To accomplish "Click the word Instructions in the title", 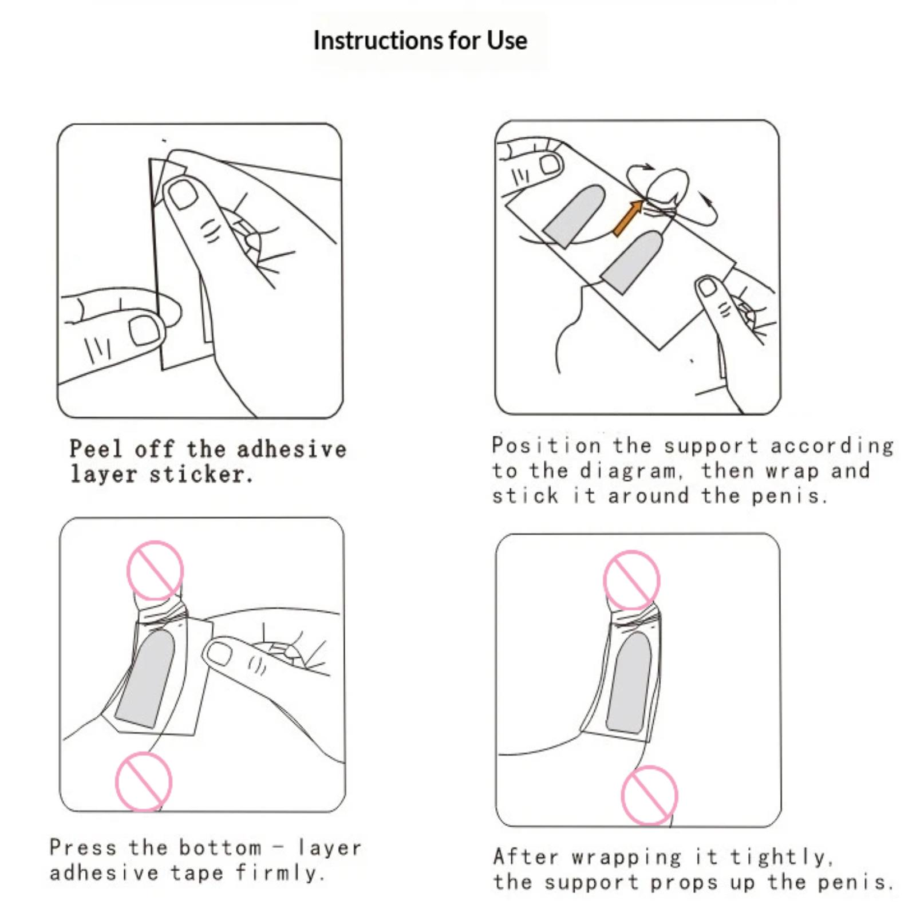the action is click(x=378, y=40).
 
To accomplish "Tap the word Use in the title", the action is click(x=507, y=40).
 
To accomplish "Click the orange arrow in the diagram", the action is click(x=628, y=218).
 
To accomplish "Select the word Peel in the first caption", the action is click(x=96, y=449).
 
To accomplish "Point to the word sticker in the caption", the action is click(x=201, y=474).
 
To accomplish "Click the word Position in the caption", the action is click(x=547, y=445).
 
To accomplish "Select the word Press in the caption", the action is click(x=83, y=847).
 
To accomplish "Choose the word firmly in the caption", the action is click(x=281, y=874).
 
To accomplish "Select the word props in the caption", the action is click(x=684, y=883).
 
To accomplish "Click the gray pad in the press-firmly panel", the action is click(x=145, y=678).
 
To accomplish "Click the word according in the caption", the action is click(x=831, y=446).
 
